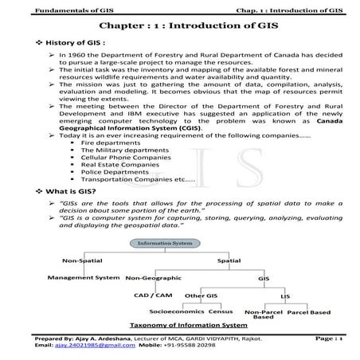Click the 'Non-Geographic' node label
(153, 277)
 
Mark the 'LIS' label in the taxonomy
(285, 295)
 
